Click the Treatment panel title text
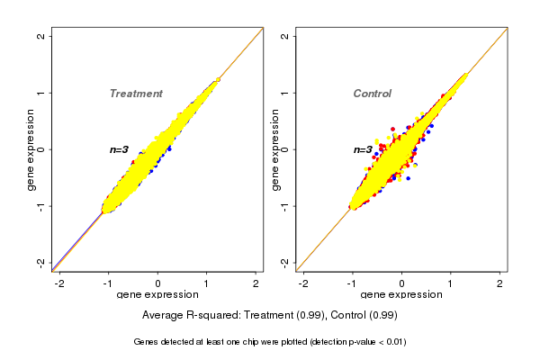point(136,94)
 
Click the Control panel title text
point(372,94)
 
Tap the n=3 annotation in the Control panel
point(363,150)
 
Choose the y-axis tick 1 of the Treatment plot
point(41,93)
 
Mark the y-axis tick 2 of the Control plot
point(285,36)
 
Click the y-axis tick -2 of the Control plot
point(285,262)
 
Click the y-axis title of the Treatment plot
point(30,149)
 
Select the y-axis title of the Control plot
point(274,149)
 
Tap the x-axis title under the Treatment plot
point(157,295)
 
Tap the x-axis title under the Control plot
point(401,295)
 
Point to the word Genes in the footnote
point(148,342)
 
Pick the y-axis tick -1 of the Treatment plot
point(41,206)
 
